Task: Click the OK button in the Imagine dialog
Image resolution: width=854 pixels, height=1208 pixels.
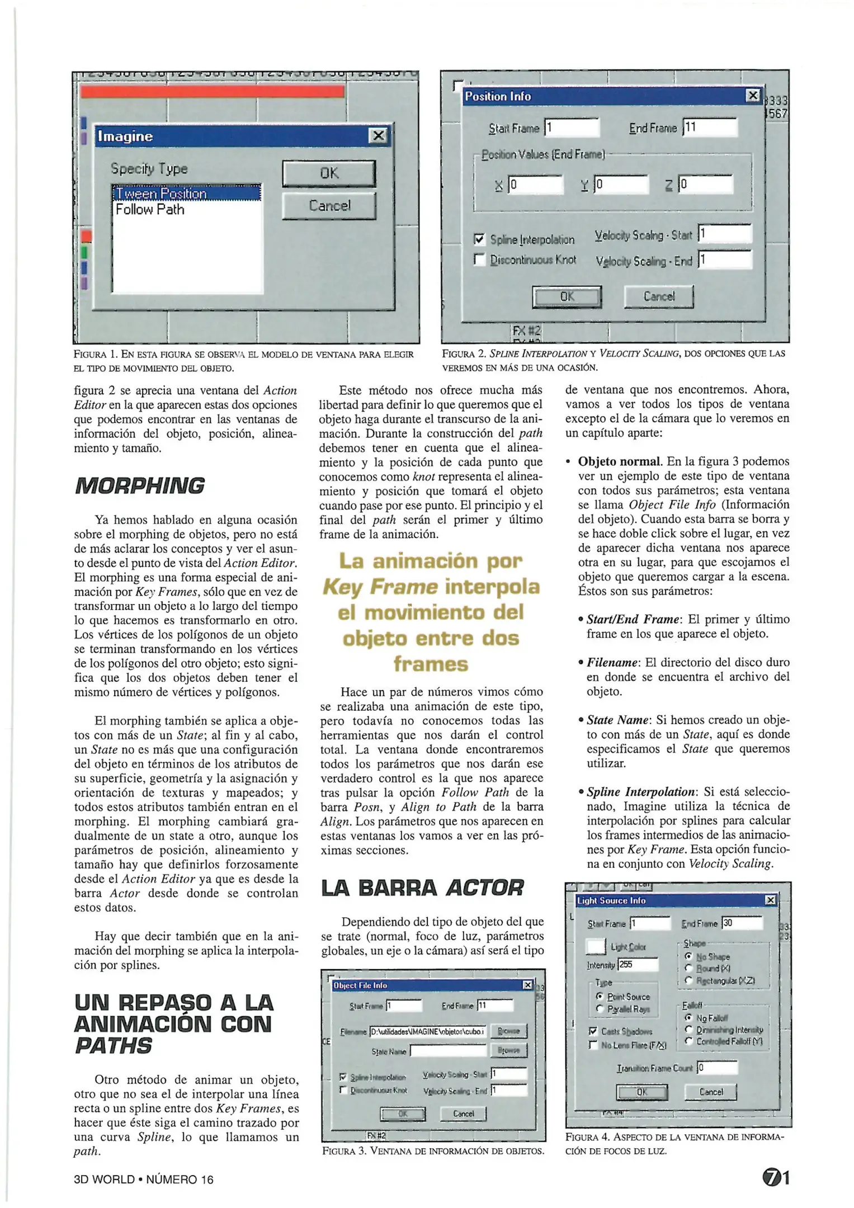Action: [x=329, y=173]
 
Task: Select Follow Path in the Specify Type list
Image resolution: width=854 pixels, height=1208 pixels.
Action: [x=150, y=210]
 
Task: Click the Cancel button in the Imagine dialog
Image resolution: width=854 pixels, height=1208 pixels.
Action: [x=329, y=206]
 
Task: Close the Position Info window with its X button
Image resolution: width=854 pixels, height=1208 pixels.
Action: [x=753, y=96]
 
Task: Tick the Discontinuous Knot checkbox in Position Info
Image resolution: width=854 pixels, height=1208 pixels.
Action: [x=479, y=259]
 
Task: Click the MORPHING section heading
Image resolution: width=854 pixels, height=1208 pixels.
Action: [x=140, y=485]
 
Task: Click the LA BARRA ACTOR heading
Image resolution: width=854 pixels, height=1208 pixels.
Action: [x=422, y=888]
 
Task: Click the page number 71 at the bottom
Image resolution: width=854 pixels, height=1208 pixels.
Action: [x=776, y=1178]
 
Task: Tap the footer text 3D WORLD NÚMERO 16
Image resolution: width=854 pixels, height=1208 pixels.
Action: [x=144, y=1179]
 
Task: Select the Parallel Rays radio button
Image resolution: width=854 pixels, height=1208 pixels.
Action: [x=600, y=1009]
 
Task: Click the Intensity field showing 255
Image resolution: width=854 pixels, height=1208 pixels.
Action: [x=638, y=965]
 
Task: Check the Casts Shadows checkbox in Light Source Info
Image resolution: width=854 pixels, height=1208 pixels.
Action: [x=593, y=1031]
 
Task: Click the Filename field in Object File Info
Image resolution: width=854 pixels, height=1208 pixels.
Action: [x=428, y=1031]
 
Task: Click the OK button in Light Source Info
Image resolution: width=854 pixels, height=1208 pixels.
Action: [x=641, y=1092]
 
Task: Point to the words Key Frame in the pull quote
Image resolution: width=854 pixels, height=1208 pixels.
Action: [x=380, y=587]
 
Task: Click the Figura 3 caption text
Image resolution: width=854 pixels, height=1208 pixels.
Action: [x=433, y=1150]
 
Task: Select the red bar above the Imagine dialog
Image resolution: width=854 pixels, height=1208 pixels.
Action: [x=212, y=92]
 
